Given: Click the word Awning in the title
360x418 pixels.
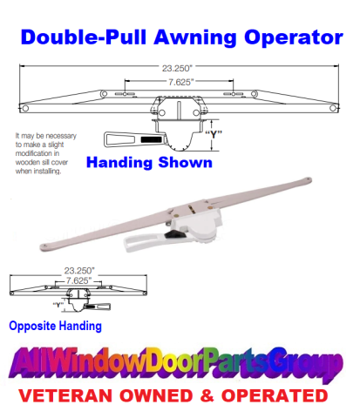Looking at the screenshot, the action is point(196,38).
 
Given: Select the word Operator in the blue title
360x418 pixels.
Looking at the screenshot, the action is point(294,37).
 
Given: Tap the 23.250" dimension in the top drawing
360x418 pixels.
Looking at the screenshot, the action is point(177,69).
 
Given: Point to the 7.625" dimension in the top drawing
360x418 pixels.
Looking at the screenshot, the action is point(181,82).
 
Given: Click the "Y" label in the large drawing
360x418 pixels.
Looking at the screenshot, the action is point(214,134).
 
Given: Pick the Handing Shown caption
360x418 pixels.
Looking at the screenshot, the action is point(149,162).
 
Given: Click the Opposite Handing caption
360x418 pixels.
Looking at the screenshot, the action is point(55,326).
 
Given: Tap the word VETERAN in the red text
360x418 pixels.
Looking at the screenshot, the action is point(65,396).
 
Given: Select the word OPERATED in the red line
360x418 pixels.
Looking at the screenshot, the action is point(275,395).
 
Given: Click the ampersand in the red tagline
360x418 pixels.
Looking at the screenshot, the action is point(207,396).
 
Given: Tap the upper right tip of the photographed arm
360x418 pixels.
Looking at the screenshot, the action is point(309,179).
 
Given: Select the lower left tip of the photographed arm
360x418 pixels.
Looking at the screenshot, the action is point(43,247).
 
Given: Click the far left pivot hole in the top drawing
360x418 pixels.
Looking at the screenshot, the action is point(25,109).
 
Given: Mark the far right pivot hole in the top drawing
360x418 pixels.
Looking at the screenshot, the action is point(333,108).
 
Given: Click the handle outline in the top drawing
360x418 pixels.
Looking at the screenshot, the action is point(135,139).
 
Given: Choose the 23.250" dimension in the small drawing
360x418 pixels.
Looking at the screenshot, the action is point(79,271).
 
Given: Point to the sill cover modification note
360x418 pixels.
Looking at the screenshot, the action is point(46,153).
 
